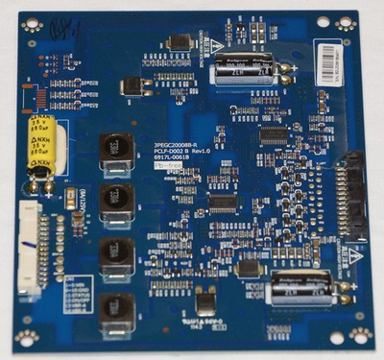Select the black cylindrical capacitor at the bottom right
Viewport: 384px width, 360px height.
pyautogui.click(x=301, y=287)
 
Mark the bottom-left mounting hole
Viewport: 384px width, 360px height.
pyautogui.click(x=26, y=337)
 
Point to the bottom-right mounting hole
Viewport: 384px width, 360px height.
pyautogui.click(x=360, y=335)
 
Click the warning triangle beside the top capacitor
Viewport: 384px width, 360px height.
pyautogui.click(x=220, y=44)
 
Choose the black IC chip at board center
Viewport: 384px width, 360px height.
pyautogui.click(x=223, y=203)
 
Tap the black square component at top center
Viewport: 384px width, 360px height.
pyautogui.click(x=180, y=42)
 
